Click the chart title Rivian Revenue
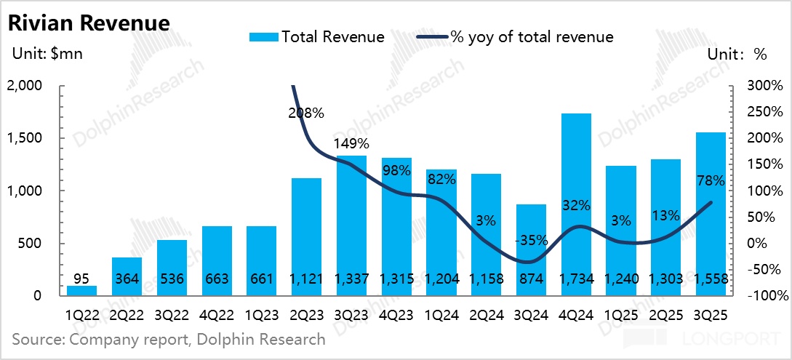pyautogui.click(x=89, y=23)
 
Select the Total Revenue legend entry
pyautogui.click(x=317, y=36)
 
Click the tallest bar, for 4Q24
pyautogui.click(x=575, y=196)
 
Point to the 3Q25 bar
pyautogui.click(x=711, y=211)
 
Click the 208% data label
pyautogui.click(x=306, y=113)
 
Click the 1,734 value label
pyautogui.click(x=575, y=279)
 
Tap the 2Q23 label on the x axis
pyautogui.click(x=305, y=316)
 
